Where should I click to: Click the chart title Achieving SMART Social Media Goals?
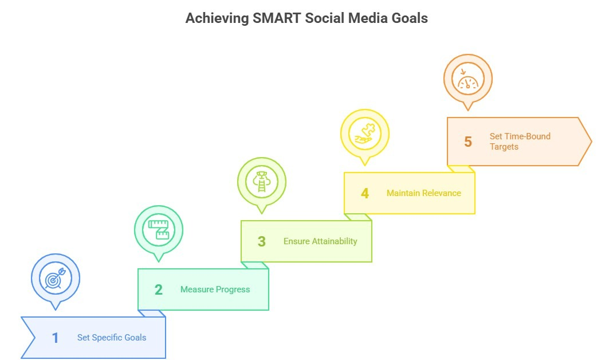(306, 18)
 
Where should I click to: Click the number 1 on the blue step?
(56, 338)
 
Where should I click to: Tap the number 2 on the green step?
(159, 289)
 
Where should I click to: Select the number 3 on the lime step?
(262, 241)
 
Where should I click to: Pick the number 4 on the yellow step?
(365, 193)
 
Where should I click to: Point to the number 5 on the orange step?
(468, 142)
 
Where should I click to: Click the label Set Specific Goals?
(112, 338)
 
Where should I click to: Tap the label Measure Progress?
(215, 289)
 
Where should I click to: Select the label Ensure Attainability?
(320, 241)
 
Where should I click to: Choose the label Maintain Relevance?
(423, 193)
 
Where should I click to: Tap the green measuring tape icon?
(159, 230)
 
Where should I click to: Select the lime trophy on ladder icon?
(262, 182)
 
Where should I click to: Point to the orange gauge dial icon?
(468, 79)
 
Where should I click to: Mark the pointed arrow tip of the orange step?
(590, 142)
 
